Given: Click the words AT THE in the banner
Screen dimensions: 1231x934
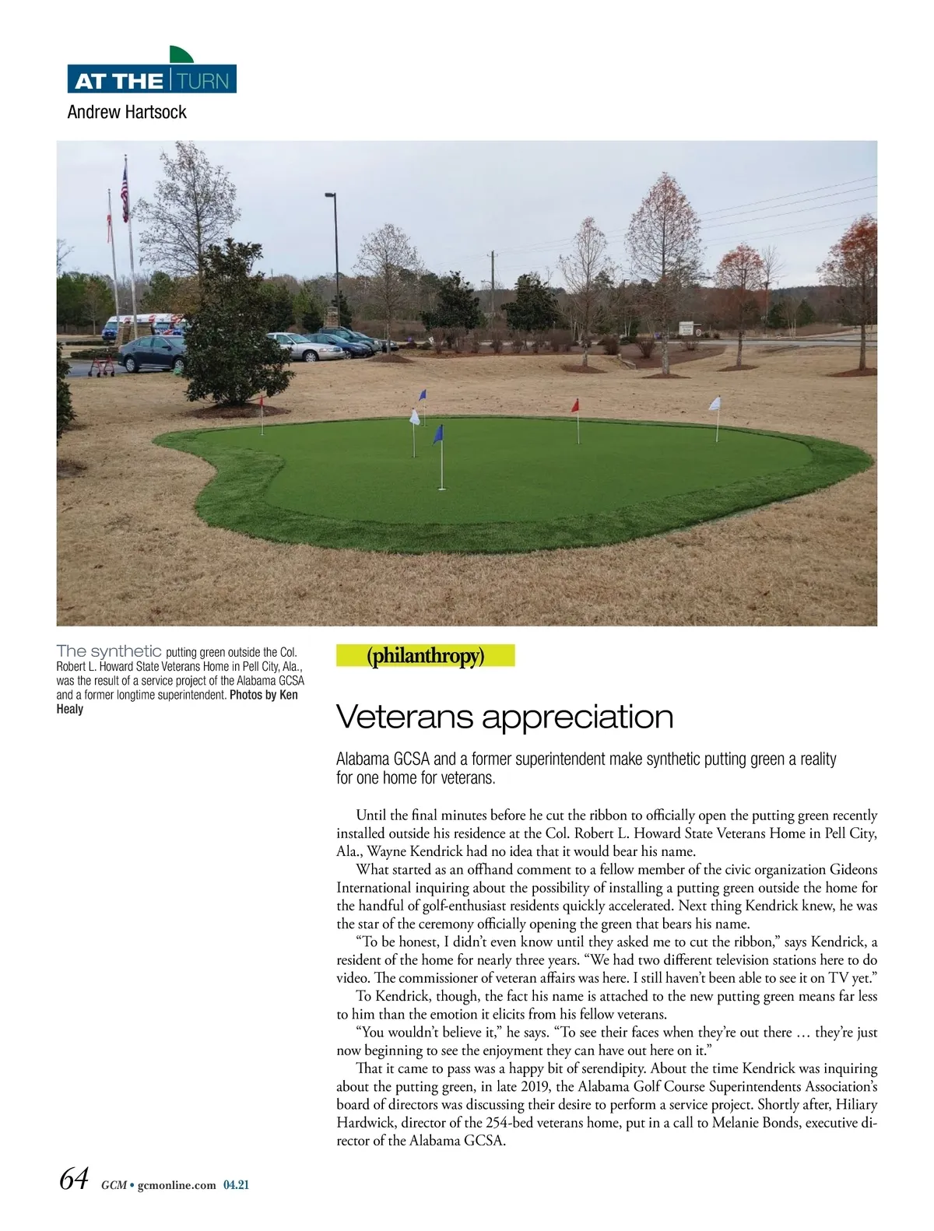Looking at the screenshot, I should click(118, 81).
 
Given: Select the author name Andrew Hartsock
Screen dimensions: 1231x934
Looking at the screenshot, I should click(127, 112).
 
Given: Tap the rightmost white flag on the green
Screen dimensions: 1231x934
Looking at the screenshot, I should click(715, 405).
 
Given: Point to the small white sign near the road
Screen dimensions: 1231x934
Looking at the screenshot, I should click(685, 329).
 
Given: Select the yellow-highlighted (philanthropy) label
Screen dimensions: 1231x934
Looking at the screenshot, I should click(425, 656).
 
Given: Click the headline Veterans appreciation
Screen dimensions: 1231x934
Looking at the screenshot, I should click(504, 717).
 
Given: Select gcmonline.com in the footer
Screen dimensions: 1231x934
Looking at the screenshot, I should click(176, 1186).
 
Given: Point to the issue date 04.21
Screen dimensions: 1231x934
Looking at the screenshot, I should click(236, 1186).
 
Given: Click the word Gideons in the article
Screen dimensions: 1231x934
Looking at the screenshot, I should click(853, 870).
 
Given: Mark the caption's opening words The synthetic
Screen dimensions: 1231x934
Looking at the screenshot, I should click(109, 651).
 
